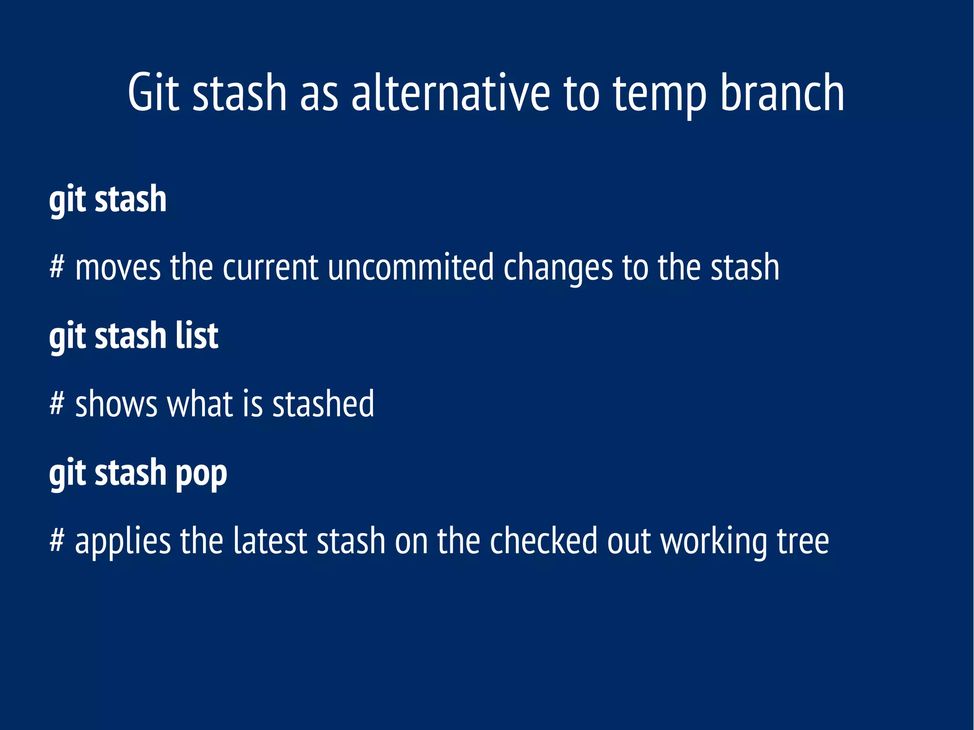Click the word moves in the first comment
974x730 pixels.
point(118,268)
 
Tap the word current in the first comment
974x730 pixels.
point(270,268)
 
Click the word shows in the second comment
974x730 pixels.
point(116,404)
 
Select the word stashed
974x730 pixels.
point(323,404)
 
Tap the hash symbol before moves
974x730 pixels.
point(56,267)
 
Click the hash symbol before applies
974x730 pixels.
point(56,541)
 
